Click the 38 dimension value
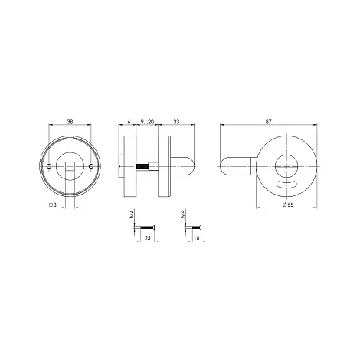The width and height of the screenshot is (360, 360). coord(70,122)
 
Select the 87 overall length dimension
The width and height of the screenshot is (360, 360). coord(268,122)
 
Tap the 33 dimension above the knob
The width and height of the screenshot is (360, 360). coord(176,122)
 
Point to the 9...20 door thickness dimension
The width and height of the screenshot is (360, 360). coord(147,122)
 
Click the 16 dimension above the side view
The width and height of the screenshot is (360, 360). coord(127,122)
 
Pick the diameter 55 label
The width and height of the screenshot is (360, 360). coord(288,205)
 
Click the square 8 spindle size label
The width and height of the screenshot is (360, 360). coord(52,205)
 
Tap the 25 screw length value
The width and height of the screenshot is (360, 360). coord(148,238)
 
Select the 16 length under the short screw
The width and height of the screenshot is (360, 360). coord(196,238)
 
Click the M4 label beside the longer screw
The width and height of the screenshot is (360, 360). coord(132,214)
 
